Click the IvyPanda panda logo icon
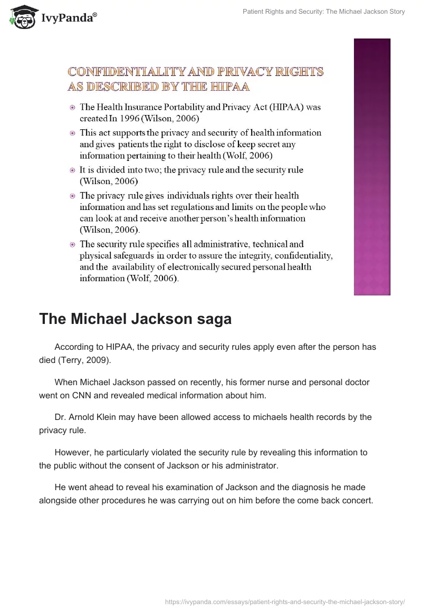[21, 17]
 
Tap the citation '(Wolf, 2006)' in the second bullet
[257, 156]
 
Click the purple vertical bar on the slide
[371, 166]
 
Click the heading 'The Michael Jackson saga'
[135, 319]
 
